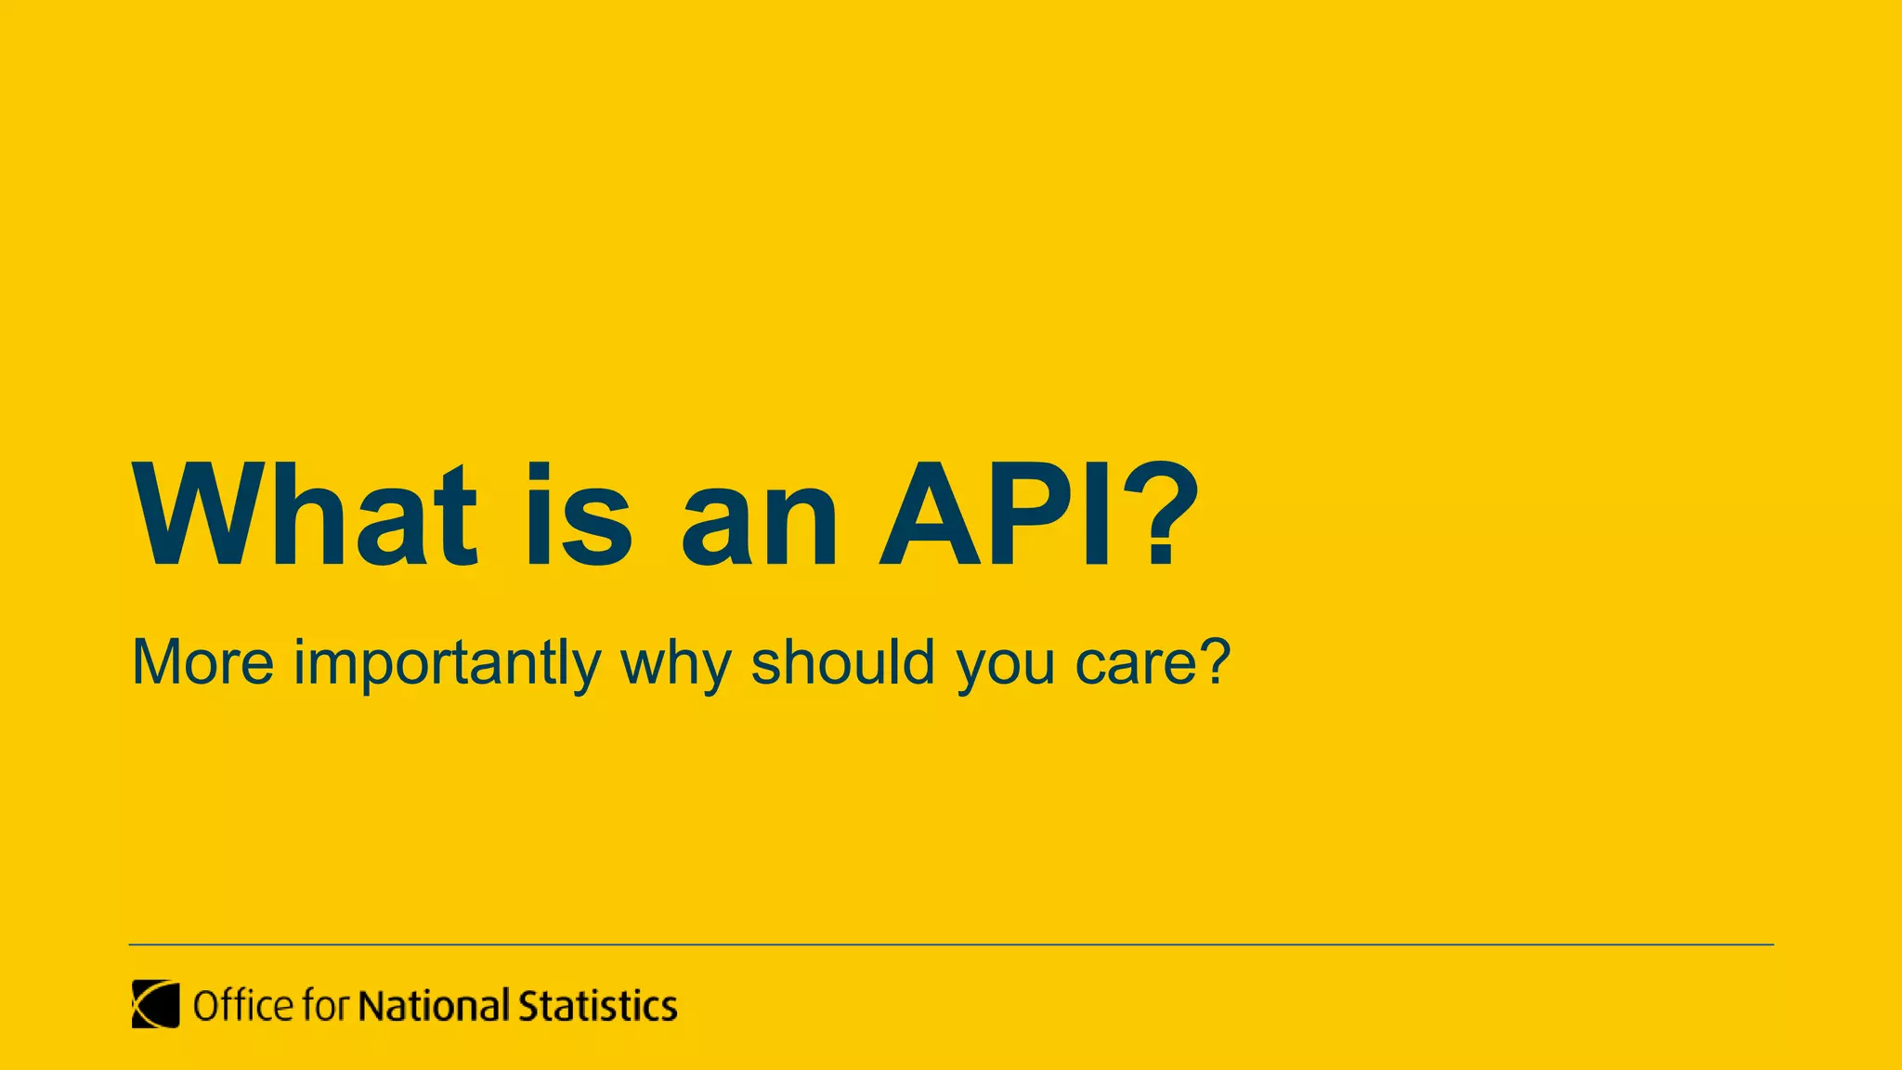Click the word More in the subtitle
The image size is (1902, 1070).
tap(202, 663)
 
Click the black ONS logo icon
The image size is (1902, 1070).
tap(155, 1004)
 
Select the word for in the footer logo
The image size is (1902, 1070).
tap(326, 1006)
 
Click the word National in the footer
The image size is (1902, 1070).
tap(434, 1006)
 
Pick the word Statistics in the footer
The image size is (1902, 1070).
tap(597, 1006)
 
